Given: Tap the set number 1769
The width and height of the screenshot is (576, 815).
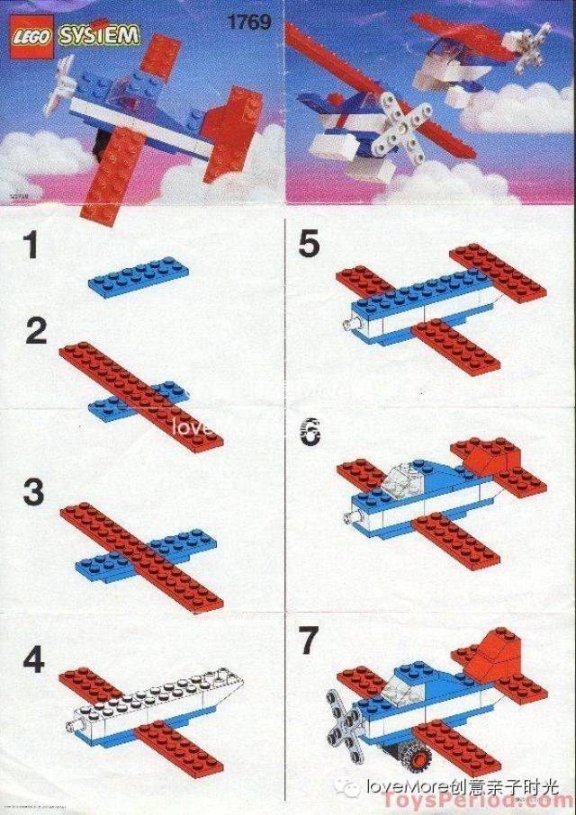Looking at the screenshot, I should (251, 22).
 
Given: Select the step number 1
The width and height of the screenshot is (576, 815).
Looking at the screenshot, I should (32, 246).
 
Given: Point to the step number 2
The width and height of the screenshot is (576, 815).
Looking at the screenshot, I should (36, 332).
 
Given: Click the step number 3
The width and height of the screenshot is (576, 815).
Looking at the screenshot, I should (33, 493).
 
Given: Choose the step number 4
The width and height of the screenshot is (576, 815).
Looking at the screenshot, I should (33, 661).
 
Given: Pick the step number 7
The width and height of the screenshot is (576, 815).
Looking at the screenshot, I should (309, 644).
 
